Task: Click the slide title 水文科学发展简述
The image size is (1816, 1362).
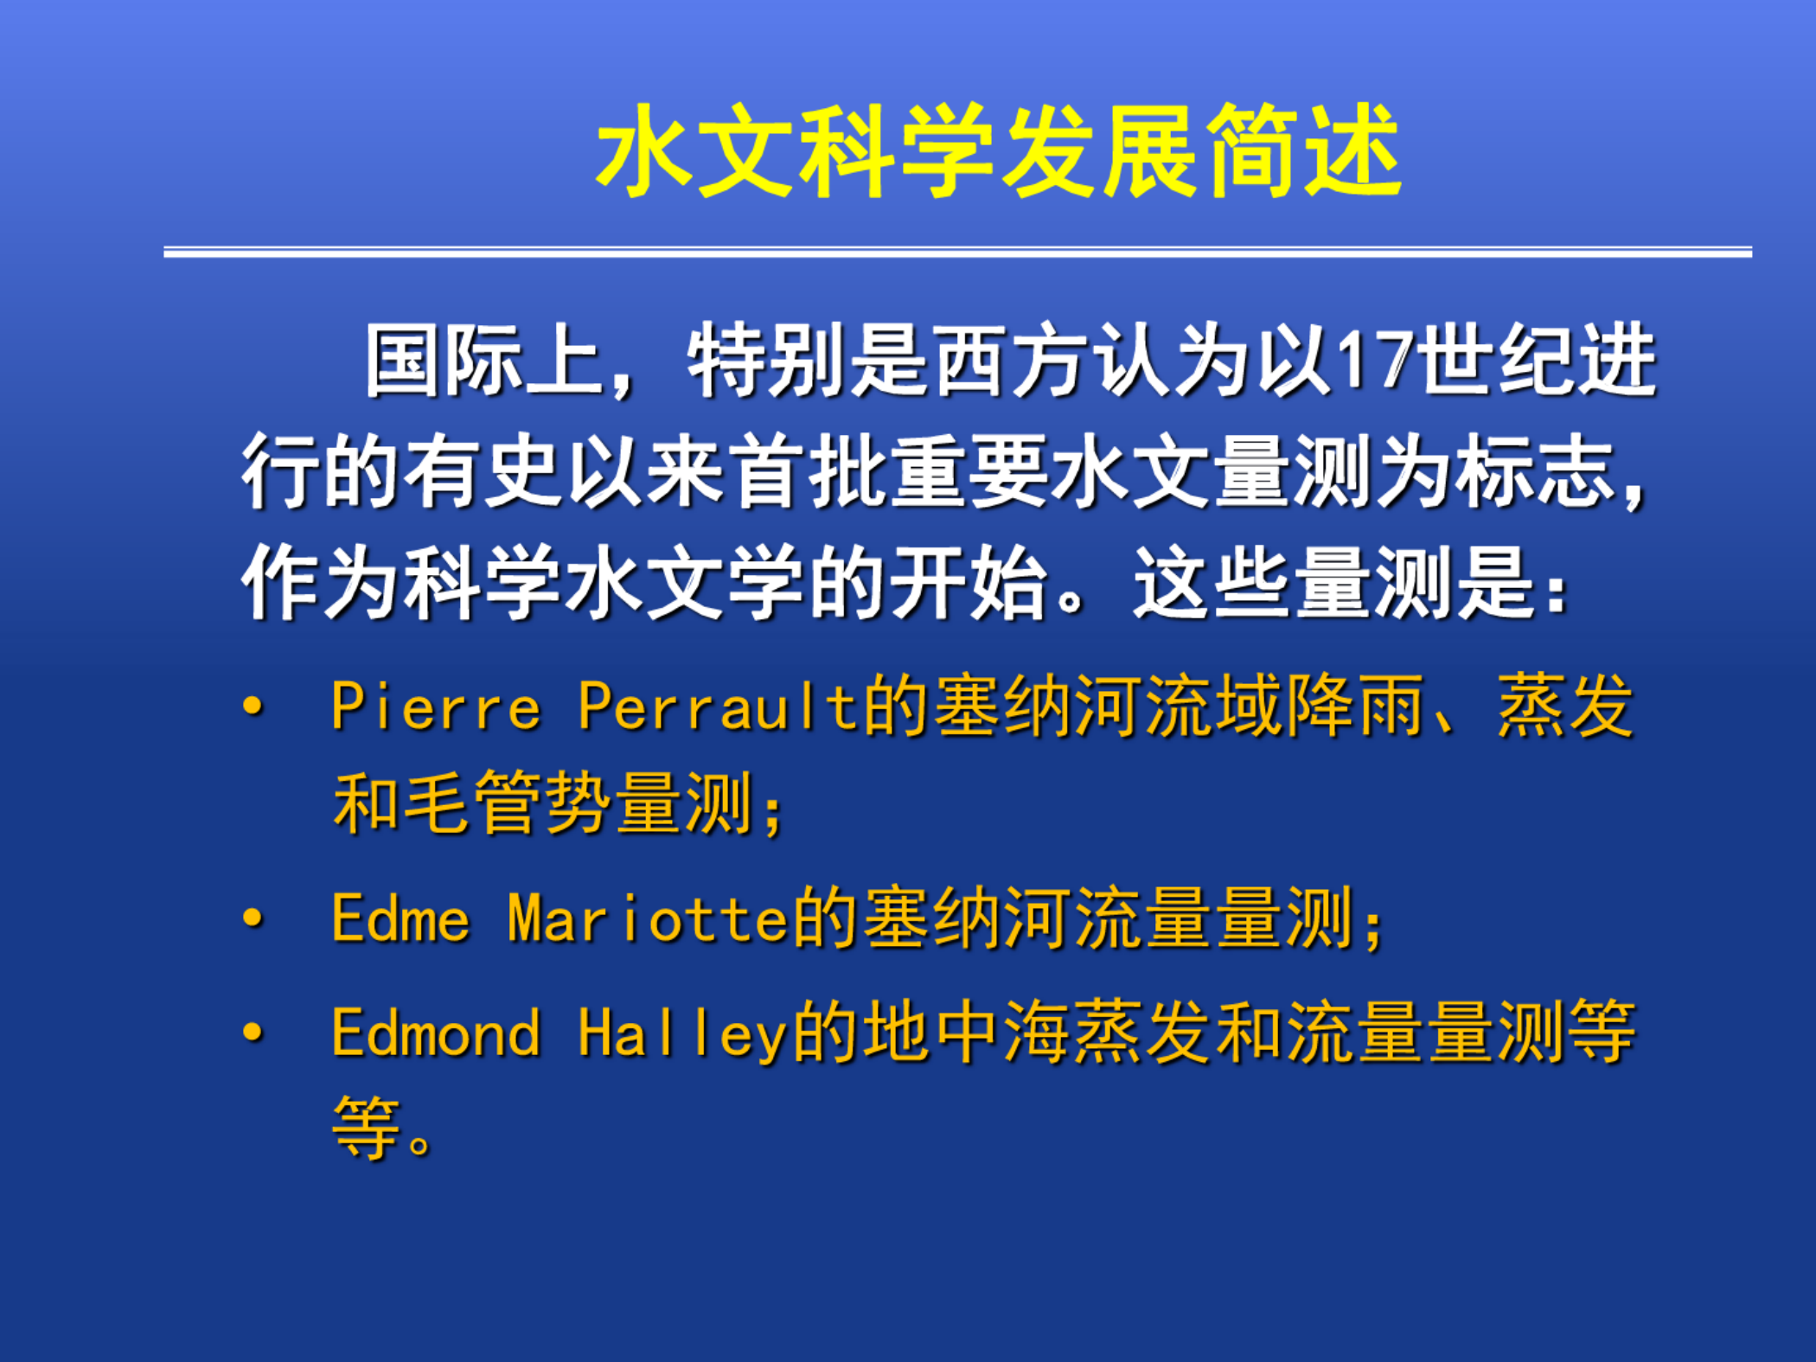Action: click(x=999, y=150)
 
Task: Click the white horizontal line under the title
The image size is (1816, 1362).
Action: click(x=957, y=252)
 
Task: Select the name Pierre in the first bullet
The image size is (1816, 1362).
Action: click(x=437, y=707)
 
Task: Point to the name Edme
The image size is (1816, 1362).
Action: click(x=401, y=918)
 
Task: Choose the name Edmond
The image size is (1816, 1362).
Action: click(x=437, y=1033)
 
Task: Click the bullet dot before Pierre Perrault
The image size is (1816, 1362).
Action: click(x=253, y=707)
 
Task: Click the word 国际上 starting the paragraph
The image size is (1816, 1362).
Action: click(x=483, y=361)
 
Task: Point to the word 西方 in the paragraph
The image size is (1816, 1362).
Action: click(x=1009, y=361)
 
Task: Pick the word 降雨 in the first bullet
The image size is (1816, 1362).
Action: click(x=1356, y=707)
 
